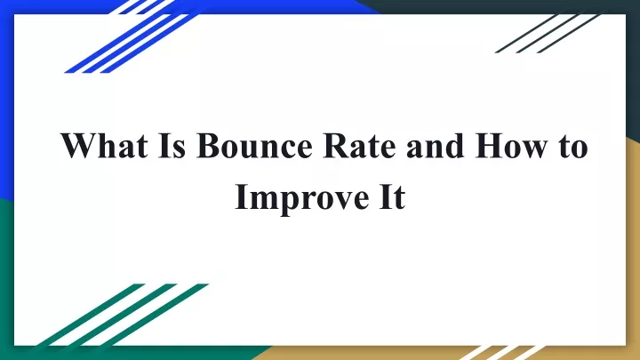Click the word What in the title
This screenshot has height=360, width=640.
[104, 146]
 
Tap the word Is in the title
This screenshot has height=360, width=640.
[172, 146]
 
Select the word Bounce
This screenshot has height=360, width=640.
[254, 146]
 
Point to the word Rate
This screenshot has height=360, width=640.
[359, 146]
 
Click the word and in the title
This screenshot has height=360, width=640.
[435, 146]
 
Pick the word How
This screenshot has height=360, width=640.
[512, 146]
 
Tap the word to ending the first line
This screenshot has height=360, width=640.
[573, 148]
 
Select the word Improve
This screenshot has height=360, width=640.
[302, 197]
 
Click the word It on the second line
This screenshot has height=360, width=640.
[392, 196]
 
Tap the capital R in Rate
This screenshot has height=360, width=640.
[335, 146]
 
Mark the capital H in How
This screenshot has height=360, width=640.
[489, 146]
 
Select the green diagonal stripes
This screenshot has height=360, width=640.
[123, 315]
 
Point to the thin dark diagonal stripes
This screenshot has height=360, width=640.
[548, 34]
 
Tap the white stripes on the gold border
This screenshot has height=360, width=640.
[502, 353]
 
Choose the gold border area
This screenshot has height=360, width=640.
[633, 245]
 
